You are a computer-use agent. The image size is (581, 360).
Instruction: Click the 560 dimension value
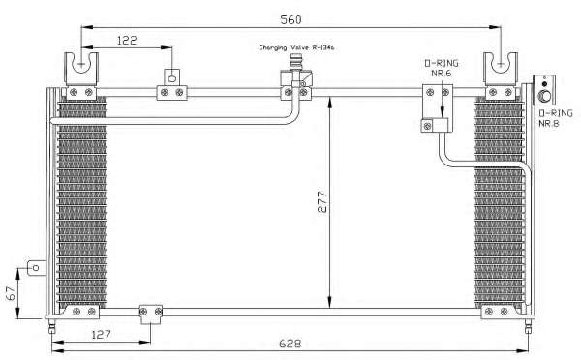tap(290, 19)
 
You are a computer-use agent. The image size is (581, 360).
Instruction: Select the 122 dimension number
tap(127, 40)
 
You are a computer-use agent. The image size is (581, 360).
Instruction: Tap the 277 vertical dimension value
tap(322, 201)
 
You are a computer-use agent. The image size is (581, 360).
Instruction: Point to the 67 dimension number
tap(11, 293)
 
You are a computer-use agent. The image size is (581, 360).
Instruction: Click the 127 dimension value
tap(101, 335)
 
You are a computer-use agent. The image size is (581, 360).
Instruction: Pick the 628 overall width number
tap(290, 344)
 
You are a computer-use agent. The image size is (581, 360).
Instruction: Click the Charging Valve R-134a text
tap(296, 47)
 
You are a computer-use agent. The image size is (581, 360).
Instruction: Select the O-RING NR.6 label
tap(442, 68)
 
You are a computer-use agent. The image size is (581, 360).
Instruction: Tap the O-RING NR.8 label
tap(556, 118)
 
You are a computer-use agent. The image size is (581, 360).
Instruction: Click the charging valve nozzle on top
tap(295, 62)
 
